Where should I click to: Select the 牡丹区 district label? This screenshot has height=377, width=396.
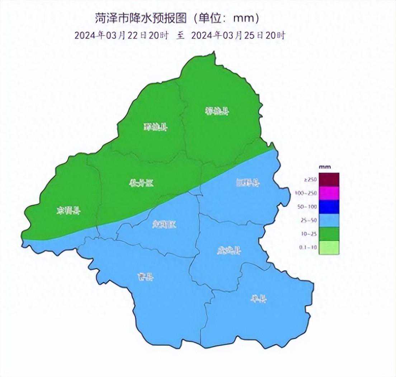pyautogui.click(x=141, y=183)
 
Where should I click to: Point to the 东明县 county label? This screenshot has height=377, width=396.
pyautogui.click(x=69, y=210)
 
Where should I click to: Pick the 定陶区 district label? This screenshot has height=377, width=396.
pyautogui.click(x=165, y=225)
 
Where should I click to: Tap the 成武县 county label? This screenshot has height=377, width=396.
pyautogui.click(x=229, y=251)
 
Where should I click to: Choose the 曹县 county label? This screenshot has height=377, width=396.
pyautogui.click(x=146, y=277)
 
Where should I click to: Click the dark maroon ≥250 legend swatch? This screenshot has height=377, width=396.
pyautogui.click(x=329, y=180)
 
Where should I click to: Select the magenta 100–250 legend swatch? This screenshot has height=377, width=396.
pyautogui.click(x=329, y=193)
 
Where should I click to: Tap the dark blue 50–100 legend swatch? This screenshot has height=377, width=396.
pyautogui.click(x=329, y=207)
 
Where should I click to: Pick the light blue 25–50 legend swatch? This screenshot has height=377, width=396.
pyautogui.click(x=329, y=220)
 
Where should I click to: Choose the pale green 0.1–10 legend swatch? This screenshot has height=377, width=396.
pyautogui.click(x=329, y=248)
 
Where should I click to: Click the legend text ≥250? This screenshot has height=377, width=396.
pyautogui.click(x=310, y=180)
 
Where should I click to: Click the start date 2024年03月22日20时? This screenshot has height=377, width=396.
pyautogui.click(x=122, y=35)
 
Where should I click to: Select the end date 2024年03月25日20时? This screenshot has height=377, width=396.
pyautogui.click(x=238, y=35)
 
